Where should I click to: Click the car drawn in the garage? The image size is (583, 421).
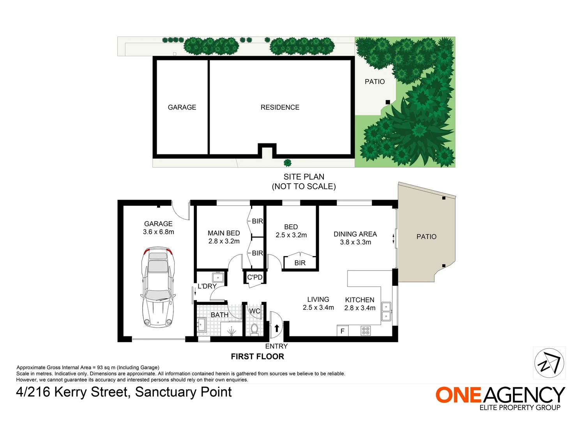(x=158, y=287)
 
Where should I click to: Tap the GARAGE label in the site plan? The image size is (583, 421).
(x=182, y=107)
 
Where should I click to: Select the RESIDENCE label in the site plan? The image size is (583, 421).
(x=280, y=107)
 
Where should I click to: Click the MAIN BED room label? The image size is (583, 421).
(x=224, y=233)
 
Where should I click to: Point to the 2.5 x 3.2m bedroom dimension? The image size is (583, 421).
(x=291, y=235)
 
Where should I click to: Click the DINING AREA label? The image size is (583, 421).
(x=355, y=234)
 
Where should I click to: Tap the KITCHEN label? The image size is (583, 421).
(x=359, y=300)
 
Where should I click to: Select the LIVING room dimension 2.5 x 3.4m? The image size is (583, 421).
(x=318, y=308)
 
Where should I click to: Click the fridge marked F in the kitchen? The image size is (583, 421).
(x=343, y=331)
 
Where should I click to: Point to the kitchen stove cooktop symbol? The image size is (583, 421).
(x=366, y=331)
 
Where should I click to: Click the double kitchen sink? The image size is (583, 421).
(x=386, y=311)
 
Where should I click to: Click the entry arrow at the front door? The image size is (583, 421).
(x=277, y=328)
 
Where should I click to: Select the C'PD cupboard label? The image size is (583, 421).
(x=255, y=277)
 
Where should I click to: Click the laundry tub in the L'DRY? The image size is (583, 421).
(x=218, y=278)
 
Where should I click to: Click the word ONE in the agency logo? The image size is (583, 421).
(x=459, y=395)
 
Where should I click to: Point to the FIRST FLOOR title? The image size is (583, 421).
(x=257, y=356)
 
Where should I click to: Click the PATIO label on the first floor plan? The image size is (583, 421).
(x=426, y=237)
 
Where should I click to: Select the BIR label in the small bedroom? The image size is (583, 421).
(x=300, y=263)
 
